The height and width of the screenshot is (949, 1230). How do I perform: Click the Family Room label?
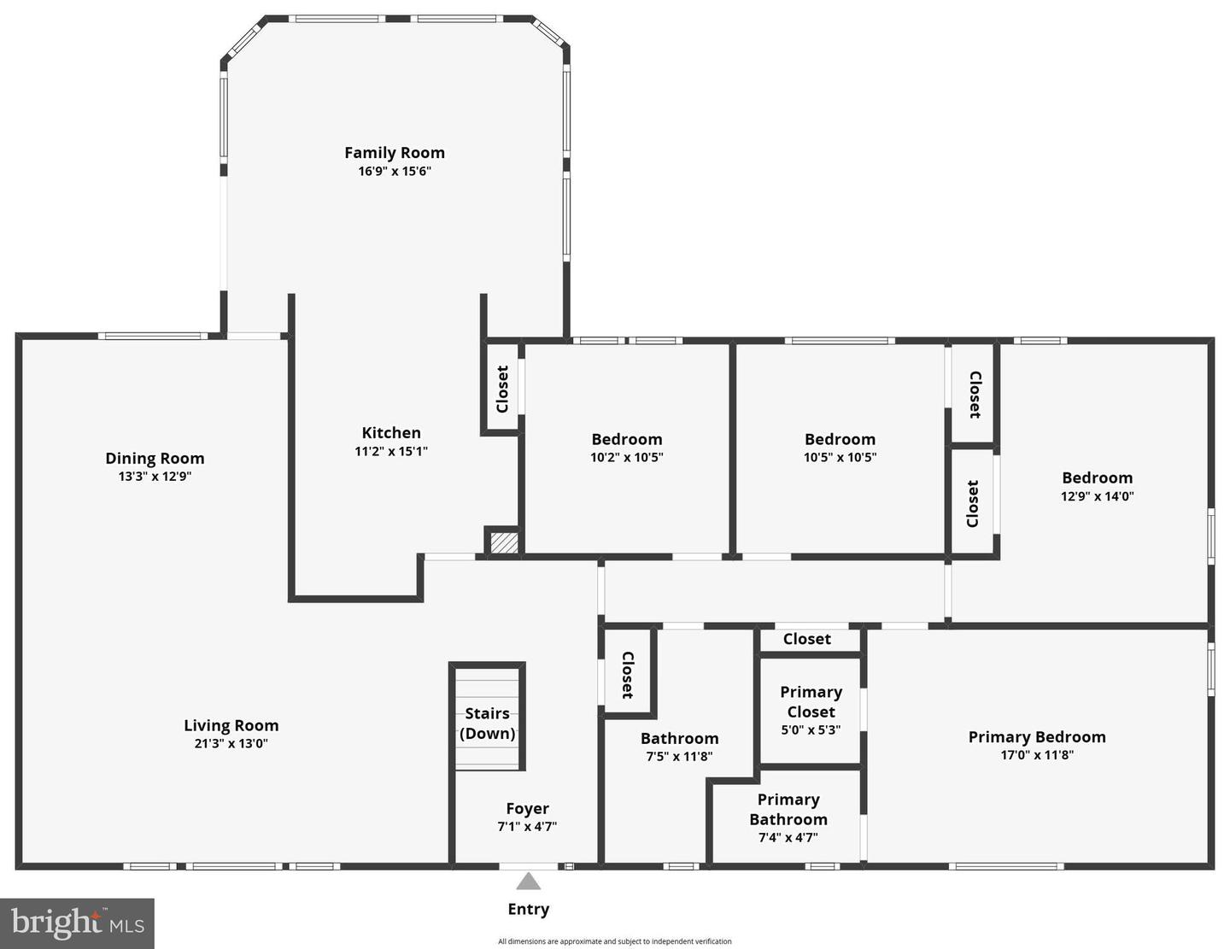(x=394, y=153)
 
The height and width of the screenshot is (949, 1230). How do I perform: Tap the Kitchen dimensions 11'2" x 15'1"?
(x=391, y=451)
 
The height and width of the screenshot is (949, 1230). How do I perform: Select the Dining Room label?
(x=155, y=459)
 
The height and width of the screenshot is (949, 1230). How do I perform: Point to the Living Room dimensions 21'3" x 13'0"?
(x=231, y=743)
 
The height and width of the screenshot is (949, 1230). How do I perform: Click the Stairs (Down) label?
(x=487, y=723)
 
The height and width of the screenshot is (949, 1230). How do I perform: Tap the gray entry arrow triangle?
(x=528, y=882)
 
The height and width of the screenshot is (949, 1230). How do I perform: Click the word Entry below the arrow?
(x=528, y=909)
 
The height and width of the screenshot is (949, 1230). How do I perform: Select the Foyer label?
(x=527, y=808)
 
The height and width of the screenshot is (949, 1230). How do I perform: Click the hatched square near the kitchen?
(x=504, y=542)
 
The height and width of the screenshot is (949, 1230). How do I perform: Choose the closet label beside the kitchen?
(x=502, y=389)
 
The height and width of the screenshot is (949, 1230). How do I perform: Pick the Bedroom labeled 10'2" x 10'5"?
(x=626, y=439)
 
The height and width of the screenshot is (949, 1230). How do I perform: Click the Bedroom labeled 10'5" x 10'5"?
(x=840, y=439)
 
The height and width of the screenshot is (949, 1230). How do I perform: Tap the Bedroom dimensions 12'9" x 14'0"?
(x=1097, y=496)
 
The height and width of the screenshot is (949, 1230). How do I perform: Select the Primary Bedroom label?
(x=1036, y=737)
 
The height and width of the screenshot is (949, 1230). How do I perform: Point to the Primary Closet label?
(x=811, y=701)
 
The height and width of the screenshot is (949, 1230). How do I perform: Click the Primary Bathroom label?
(x=788, y=809)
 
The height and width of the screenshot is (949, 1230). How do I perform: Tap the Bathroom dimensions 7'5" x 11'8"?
(x=679, y=756)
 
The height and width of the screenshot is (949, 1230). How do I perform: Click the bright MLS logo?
(x=77, y=923)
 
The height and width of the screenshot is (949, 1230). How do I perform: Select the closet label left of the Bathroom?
(x=627, y=675)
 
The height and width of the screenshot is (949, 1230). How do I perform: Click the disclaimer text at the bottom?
(x=614, y=941)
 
